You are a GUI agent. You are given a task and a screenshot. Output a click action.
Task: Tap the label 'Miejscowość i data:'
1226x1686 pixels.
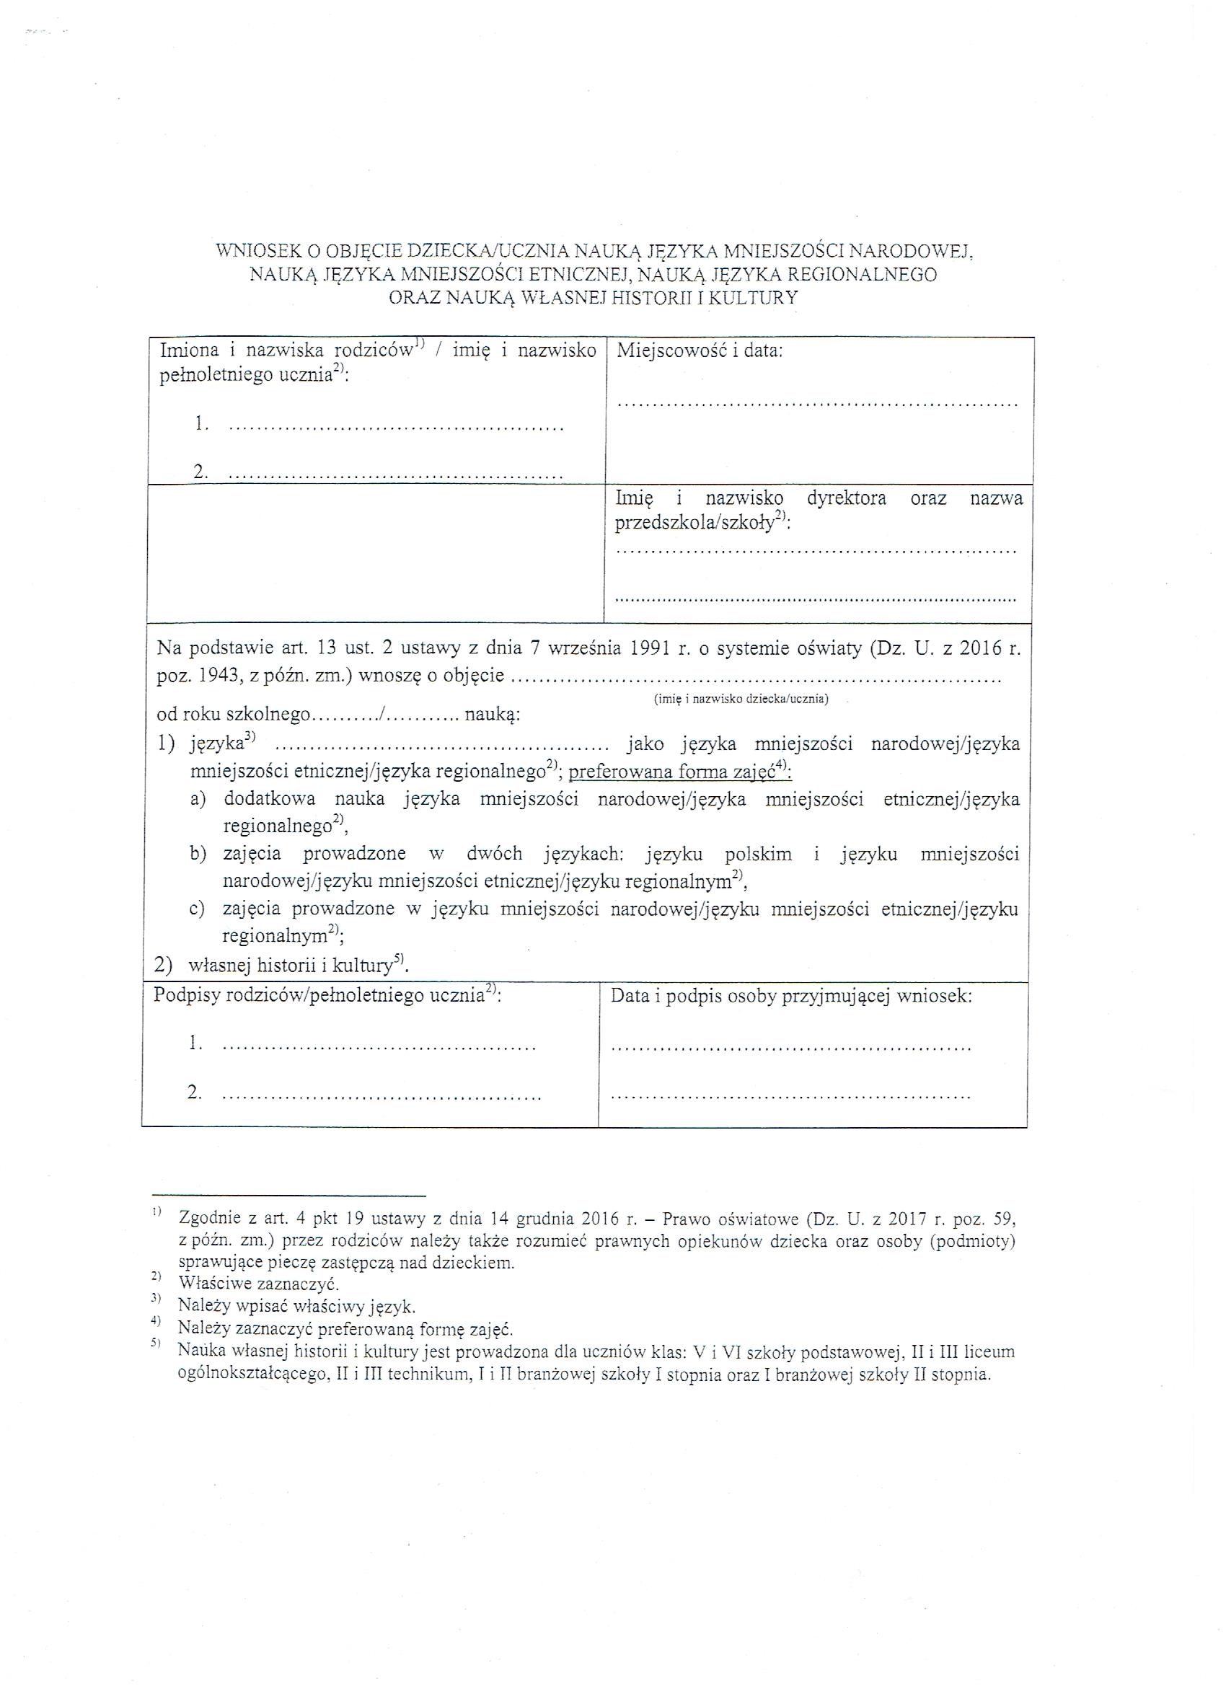tap(699, 351)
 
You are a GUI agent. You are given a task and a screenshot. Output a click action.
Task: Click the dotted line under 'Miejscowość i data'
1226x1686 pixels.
tap(816, 405)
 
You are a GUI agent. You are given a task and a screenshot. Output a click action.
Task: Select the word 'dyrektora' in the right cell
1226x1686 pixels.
tap(847, 498)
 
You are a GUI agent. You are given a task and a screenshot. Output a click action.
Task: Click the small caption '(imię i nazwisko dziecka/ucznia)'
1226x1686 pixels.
tap(741, 699)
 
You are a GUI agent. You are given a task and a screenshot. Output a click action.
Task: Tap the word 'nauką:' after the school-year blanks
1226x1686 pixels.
tap(492, 715)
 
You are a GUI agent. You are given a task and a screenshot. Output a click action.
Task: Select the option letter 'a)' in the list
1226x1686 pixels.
tap(197, 800)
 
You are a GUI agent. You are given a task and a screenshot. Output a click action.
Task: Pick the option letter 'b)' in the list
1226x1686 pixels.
tap(198, 854)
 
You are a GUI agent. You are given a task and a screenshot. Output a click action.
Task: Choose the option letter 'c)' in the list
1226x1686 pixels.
tap(197, 909)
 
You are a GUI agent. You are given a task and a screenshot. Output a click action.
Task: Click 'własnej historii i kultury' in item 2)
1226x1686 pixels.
tap(291, 966)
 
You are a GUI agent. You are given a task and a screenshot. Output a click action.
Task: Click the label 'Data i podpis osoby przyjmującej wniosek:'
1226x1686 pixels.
tap(791, 996)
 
